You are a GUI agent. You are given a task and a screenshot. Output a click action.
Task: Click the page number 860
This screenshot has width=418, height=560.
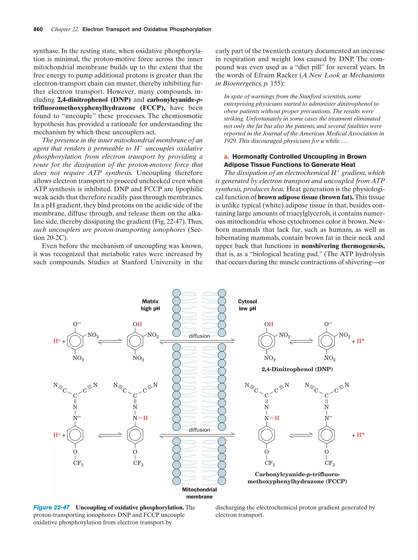point(38,29)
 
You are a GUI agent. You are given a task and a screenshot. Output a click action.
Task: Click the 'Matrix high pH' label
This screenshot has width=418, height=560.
point(150,305)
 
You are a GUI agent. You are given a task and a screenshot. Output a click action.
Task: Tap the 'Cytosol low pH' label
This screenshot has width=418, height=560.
point(247,305)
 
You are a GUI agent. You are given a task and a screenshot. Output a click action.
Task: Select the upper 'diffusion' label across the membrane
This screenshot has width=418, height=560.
point(199,336)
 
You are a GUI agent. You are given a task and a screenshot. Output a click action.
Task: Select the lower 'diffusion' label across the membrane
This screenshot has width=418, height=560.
point(199,430)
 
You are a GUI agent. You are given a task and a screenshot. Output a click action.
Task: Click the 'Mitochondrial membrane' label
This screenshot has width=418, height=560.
point(199,493)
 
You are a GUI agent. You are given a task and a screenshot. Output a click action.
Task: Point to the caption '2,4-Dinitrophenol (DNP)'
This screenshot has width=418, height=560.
point(297,369)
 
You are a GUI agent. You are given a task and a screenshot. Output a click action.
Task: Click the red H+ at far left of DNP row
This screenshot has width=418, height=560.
point(57,341)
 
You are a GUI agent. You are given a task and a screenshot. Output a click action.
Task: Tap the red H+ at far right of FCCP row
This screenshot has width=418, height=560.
point(361,435)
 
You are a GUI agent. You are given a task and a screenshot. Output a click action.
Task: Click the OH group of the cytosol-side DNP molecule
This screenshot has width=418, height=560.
point(269,324)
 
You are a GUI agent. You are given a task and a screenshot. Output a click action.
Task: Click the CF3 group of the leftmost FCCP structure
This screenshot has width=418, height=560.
point(78,463)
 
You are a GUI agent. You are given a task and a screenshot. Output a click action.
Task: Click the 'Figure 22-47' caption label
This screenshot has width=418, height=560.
point(51,507)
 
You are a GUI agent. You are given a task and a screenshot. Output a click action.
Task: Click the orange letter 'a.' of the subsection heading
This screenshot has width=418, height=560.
point(226,157)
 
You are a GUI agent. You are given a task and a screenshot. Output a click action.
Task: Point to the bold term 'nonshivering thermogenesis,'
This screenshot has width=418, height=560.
point(343,246)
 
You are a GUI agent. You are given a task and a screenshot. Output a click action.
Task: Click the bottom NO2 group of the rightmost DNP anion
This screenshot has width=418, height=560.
point(329,358)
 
